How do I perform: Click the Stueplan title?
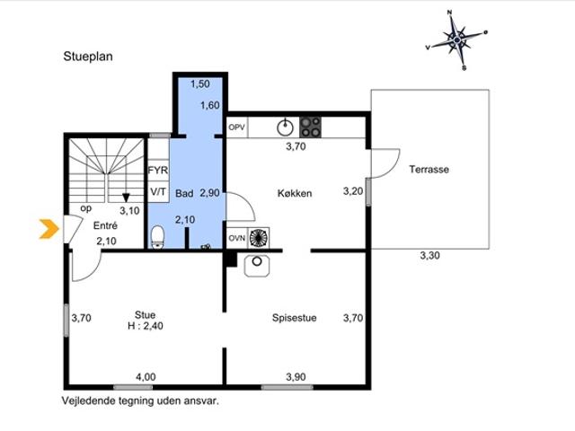coord(88,57)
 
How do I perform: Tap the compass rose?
coord(457,40)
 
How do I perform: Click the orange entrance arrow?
coord(49,229)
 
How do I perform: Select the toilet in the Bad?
coord(158,237)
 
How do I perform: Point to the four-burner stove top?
coord(310,128)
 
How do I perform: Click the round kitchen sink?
coord(285,128)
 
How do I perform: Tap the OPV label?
coord(236,128)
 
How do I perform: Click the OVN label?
coord(237,238)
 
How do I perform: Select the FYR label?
coord(158,171)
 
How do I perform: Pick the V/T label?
coord(158,191)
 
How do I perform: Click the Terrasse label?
coord(429,170)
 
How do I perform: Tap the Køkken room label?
coord(295,193)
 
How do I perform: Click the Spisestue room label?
coord(294,318)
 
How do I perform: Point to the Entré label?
coord(105,225)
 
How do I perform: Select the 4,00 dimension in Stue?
coord(146,377)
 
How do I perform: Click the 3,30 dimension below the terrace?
coord(429,255)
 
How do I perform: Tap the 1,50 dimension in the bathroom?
coord(200,84)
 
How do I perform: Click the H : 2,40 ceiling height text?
coord(146,326)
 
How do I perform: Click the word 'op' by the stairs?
coord(86,208)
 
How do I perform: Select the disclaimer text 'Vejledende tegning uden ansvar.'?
coord(140,401)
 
